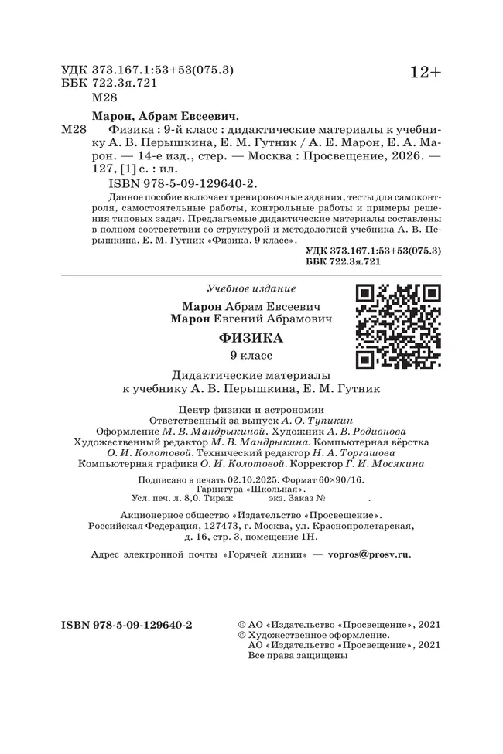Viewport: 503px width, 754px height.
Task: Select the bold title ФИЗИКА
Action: click(x=251, y=338)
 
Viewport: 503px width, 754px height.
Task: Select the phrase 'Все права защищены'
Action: click(x=296, y=655)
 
